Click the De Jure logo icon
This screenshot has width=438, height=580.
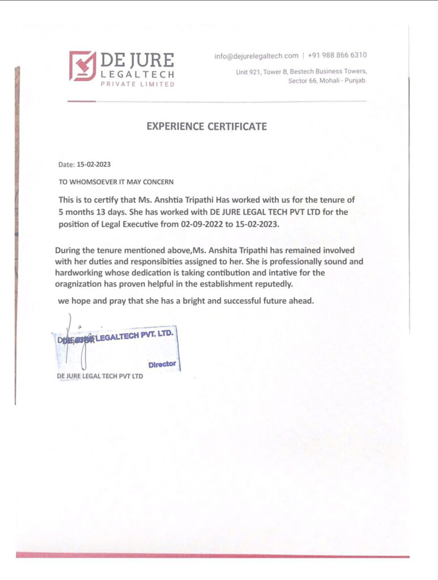click(82, 66)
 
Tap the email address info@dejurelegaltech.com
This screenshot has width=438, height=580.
click(256, 56)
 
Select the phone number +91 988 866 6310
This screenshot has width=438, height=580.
click(337, 56)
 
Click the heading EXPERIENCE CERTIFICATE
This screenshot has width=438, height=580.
click(206, 127)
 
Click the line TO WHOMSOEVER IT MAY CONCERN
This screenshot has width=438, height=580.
click(116, 182)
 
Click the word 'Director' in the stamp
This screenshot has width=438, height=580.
click(162, 364)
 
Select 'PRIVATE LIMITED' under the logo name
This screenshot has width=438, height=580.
click(137, 84)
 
